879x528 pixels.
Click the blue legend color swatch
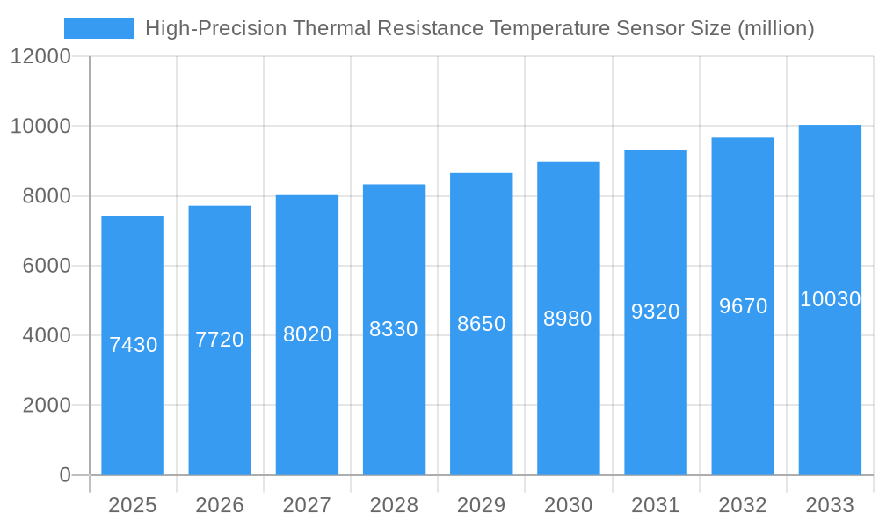pyautogui.click(x=99, y=28)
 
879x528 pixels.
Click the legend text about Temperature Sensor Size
pyautogui.click(x=479, y=28)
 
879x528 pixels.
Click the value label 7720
pyautogui.click(x=220, y=340)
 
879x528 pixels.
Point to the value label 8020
pyautogui.click(x=307, y=334)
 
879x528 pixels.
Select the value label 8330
pyautogui.click(x=394, y=329)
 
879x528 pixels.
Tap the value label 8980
pyautogui.click(x=568, y=319)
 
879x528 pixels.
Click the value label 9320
pyautogui.click(x=655, y=312)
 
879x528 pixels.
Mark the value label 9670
pyautogui.click(x=743, y=306)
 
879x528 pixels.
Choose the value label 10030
pyautogui.click(x=830, y=299)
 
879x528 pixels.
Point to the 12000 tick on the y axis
pyautogui.click(x=40, y=56)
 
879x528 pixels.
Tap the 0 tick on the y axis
pyautogui.click(x=65, y=475)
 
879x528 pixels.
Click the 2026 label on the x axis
pyautogui.click(x=220, y=505)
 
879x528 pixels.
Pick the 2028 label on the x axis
pyautogui.click(x=394, y=505)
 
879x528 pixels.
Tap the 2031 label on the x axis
pyautogui.click(x=655, y=505)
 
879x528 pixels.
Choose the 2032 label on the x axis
pyautogui.click(x=743, y=505)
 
